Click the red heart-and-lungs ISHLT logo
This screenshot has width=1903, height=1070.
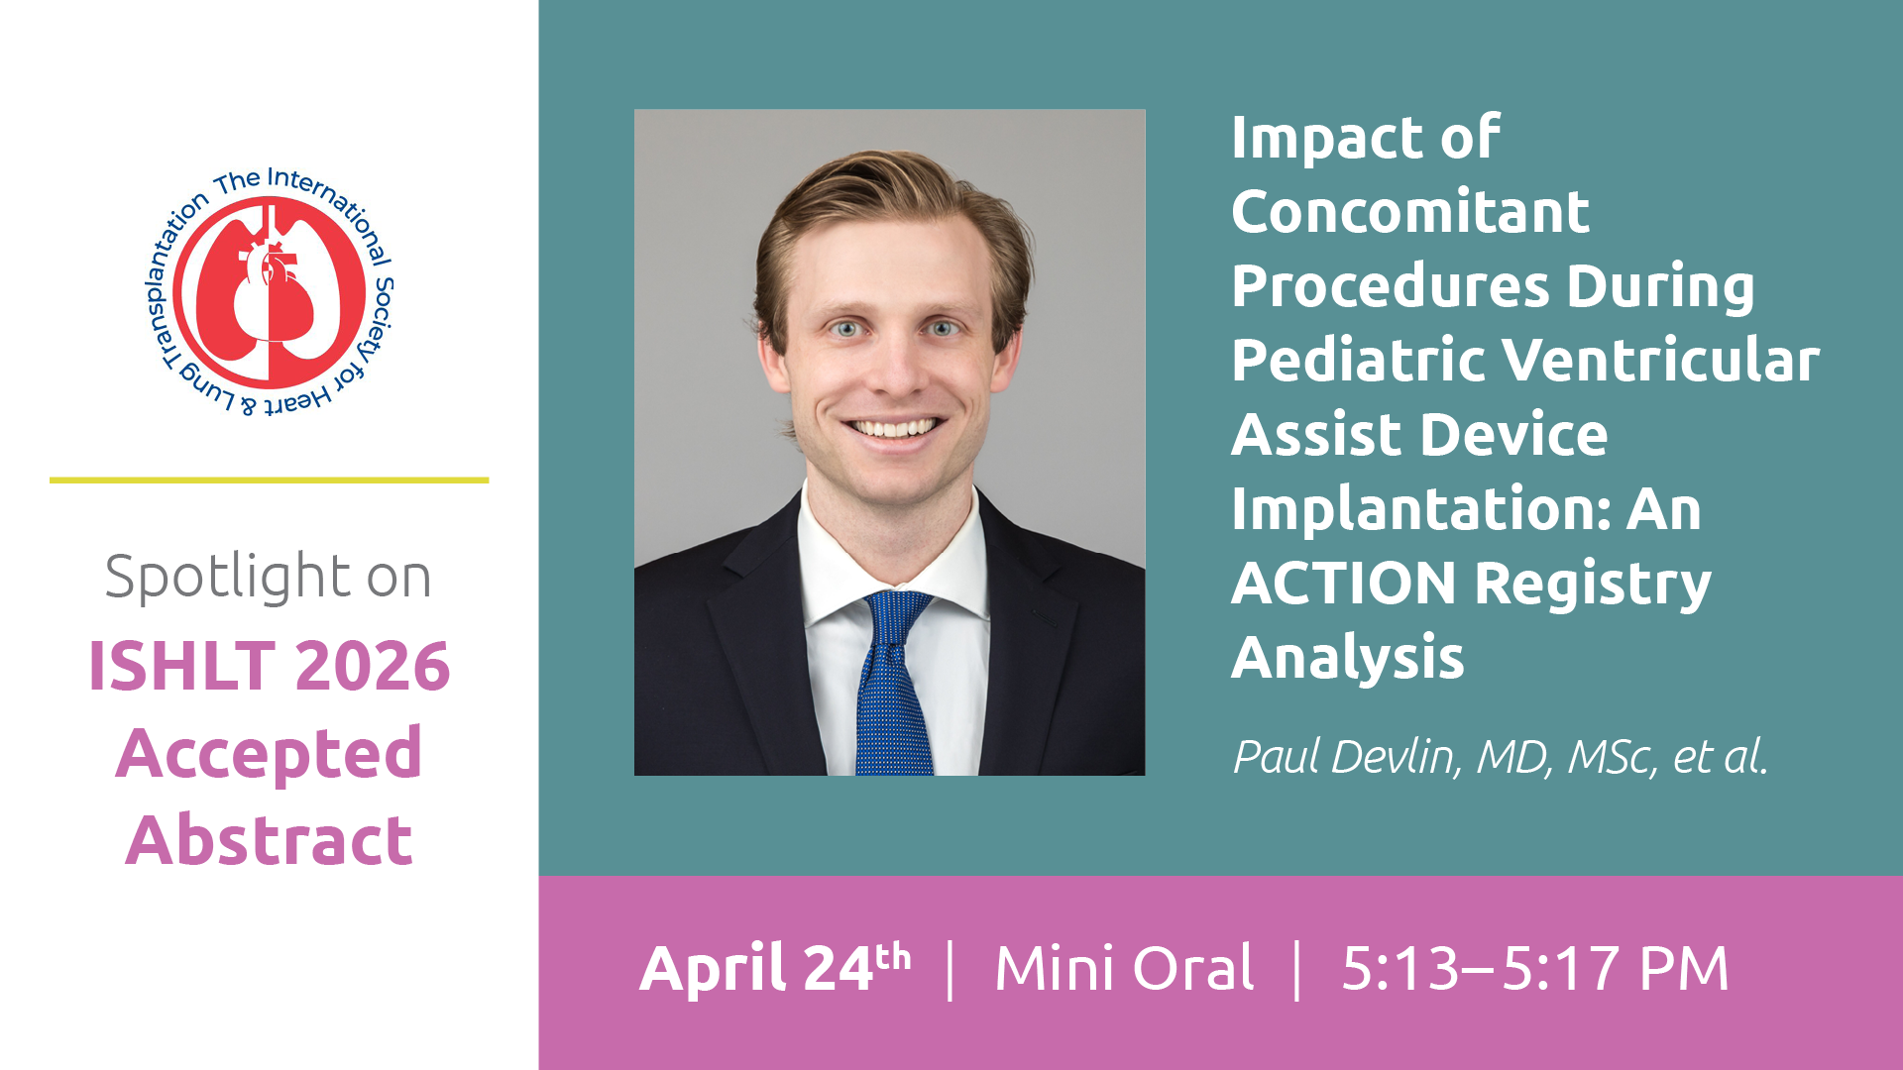(270, 292)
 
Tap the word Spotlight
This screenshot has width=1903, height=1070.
(227, 578)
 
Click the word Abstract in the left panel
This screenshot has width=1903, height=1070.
(270, 840)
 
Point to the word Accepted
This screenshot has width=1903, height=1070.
(270, 754)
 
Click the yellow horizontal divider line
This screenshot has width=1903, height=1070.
(270, 481)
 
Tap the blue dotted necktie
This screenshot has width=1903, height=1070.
(895, 684)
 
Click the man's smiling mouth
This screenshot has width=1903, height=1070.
(892, 427)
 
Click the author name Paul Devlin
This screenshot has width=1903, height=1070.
(1345, 758)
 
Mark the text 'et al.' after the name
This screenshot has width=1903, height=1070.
(1720, 758)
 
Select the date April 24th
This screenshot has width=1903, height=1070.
(776, 968)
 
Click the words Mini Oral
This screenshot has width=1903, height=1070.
(1125, 968)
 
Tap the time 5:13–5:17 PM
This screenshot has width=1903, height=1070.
(1534, 968)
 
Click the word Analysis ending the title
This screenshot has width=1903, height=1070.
(1348, 659)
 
